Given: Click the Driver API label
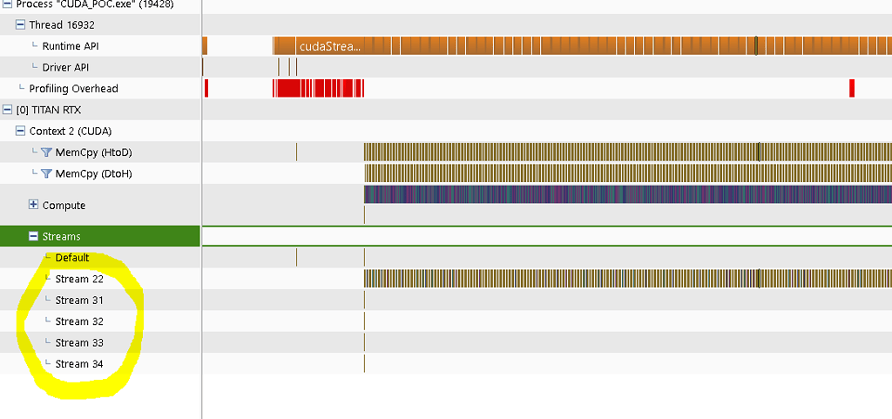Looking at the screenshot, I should pos(65,67).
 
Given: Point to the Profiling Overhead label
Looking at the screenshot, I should pos(73,89).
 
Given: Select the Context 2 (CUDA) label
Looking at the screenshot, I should pos(71,132).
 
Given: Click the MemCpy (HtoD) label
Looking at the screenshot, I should pos(94,152).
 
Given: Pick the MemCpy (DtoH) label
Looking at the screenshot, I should pos(94,174).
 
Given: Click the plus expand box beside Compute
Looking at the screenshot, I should pos(34,206).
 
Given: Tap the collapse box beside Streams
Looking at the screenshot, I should pos(34,236).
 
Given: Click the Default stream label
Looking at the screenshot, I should pos(72,258).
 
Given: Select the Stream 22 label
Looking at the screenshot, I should pos(79,279).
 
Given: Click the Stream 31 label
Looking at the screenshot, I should pos(79,301).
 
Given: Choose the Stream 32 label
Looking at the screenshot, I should pos(79,321).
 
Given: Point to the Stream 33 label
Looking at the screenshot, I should pos(79,342).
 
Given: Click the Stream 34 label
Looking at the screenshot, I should pos(79,364).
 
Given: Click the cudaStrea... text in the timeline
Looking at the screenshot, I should pos(329,46).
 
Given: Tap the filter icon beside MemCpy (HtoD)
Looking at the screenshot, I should pos(46,152).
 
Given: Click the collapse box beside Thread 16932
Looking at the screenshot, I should pos(21,25).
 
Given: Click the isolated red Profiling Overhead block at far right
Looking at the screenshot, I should pos(852,88).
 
